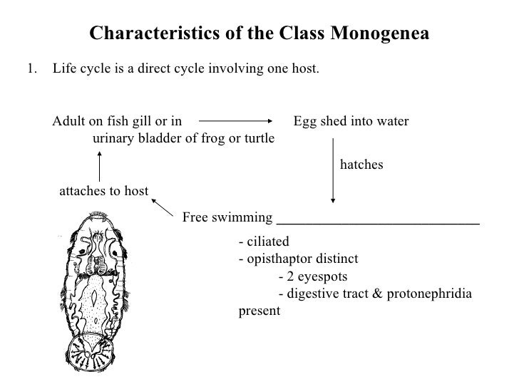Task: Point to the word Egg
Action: tap(305, 121)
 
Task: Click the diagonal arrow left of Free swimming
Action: tap(163, 207)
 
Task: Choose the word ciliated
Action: tap(267, 242)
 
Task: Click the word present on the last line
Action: tap(259, 311)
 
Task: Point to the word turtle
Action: tap(255, 138)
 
